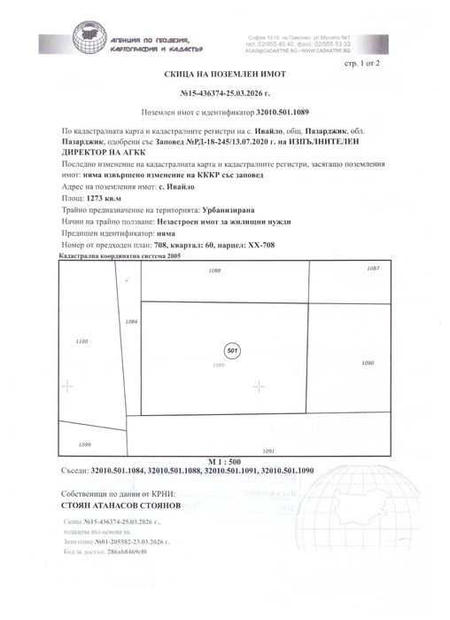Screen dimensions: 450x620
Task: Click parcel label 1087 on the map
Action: coord(373,267)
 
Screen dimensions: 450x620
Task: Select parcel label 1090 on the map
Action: coord(369,363)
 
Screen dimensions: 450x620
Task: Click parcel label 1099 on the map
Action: coord(85,443)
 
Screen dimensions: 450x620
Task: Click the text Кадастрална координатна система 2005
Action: coord(119,255)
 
